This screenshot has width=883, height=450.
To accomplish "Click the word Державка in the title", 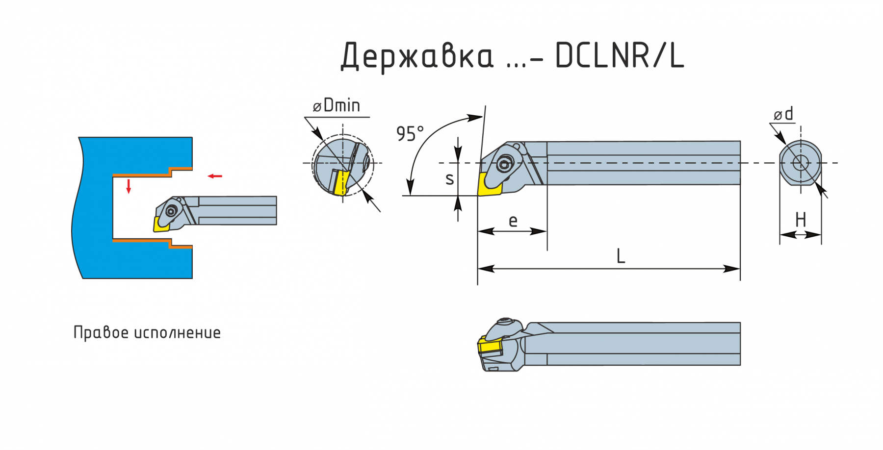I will click(417, 56).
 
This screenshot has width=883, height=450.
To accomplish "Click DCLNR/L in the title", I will click(619, 56).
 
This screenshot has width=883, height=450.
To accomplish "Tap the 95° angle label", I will click(410, 134).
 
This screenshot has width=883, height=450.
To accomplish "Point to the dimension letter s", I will click(449, 179).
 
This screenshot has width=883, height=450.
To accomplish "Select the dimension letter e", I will click(513, 221).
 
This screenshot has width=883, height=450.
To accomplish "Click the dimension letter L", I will click(621, 256).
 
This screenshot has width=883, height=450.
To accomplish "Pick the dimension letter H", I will click(801, 220).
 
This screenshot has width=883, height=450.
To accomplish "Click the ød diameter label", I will click(783, 114).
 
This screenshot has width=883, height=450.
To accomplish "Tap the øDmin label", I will click(337, 105).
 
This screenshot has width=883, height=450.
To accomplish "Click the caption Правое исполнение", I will click(147, 333).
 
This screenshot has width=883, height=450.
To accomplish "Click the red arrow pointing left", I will click(214, 176).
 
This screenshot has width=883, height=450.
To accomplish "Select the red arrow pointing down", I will click(129, 186).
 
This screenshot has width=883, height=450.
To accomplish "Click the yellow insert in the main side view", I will click(489, 185).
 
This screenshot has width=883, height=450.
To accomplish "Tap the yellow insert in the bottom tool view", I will click(489, 347).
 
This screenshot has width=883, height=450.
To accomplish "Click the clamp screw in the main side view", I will click(504, 164).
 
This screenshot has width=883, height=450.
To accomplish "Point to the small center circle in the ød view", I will click(801, 162).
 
